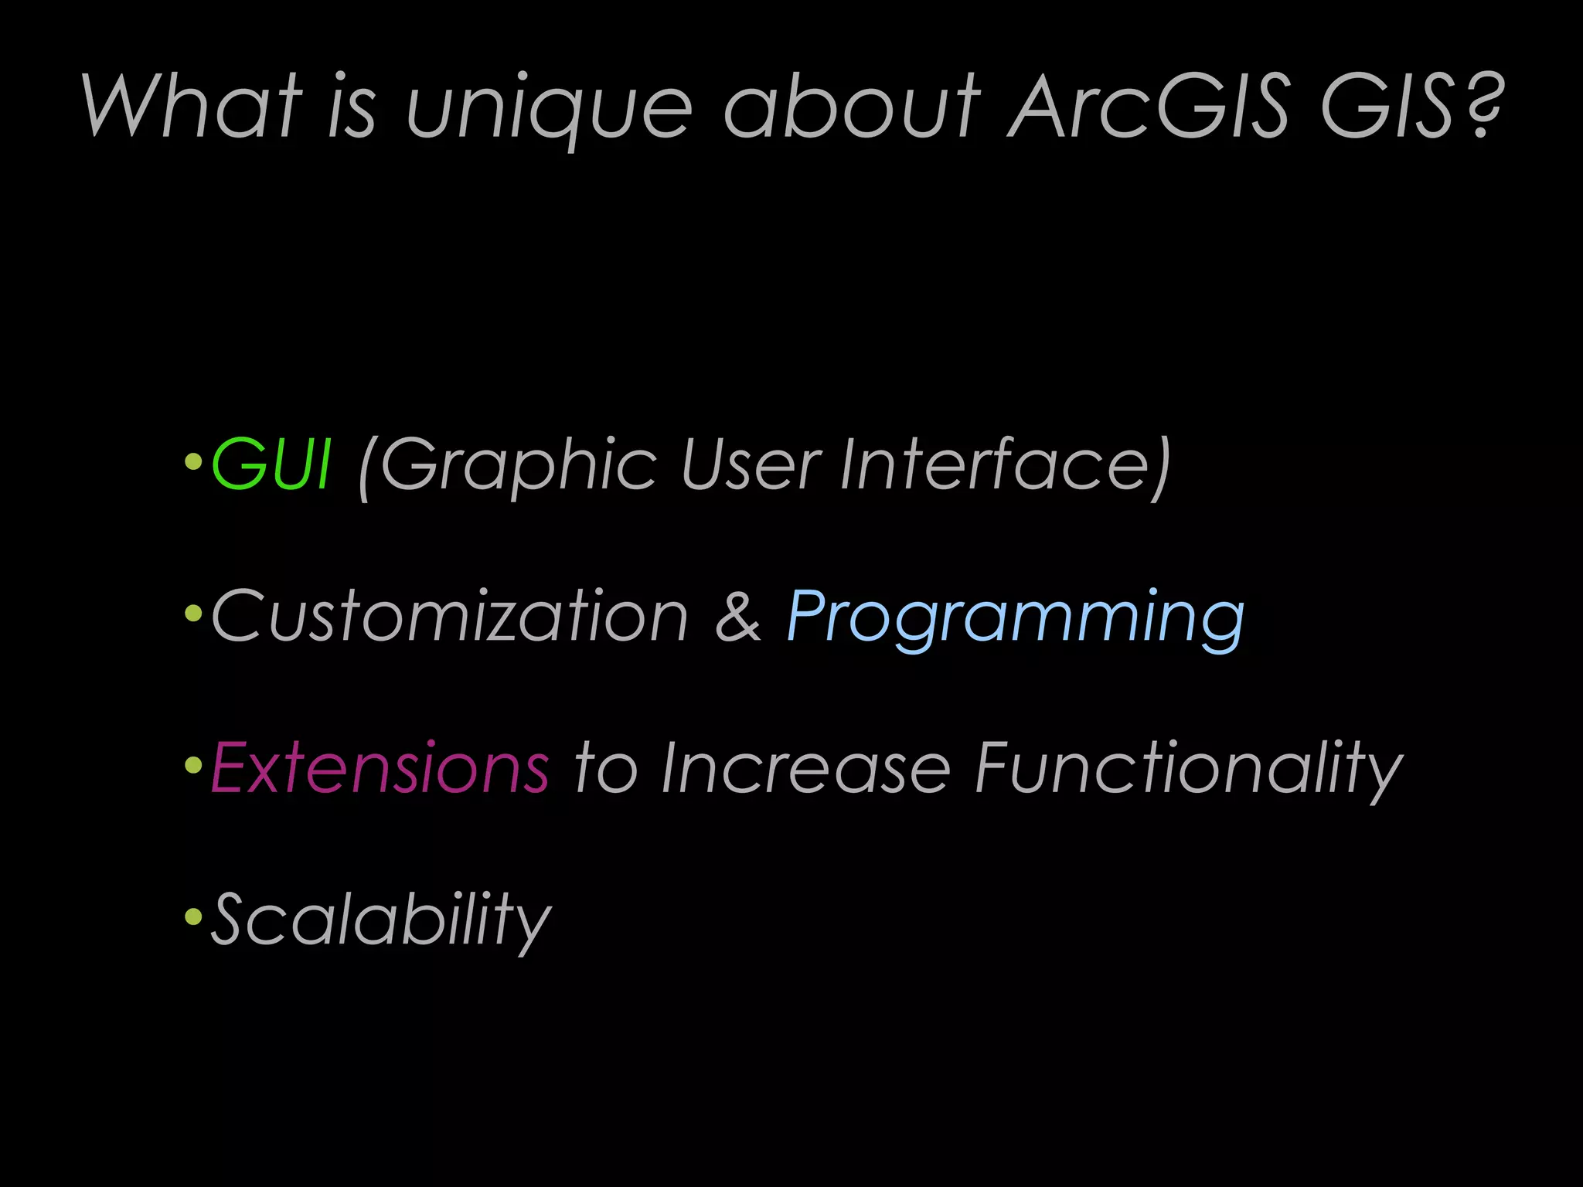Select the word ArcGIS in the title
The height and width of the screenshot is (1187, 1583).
pos(1149,107)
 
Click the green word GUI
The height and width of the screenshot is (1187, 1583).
pos(271,464)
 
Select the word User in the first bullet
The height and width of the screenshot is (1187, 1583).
pos(750,464)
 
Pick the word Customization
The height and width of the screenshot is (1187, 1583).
pos(449,616)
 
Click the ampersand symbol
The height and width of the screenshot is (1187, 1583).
pos(738,616)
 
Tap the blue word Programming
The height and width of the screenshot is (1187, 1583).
pos(1015,618)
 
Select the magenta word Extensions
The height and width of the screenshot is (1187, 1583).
pos(380,767)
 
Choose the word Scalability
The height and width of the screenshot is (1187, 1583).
pos(380,920)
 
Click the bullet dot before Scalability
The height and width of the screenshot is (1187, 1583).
pos(193,918)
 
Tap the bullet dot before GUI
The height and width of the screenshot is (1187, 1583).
pos(193,463)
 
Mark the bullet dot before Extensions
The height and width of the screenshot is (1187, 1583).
pos(193,766)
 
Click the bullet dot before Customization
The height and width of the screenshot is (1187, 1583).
pos(193,614)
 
